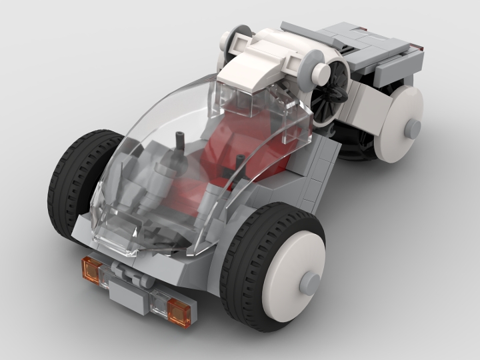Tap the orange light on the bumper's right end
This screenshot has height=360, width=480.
[x=178, y=308]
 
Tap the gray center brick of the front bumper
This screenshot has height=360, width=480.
[x=130, y=289]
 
